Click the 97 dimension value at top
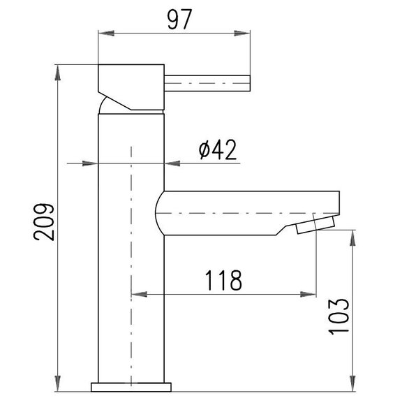click(179, 20)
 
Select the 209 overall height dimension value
click(44, 222)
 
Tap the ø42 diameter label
click(218, 150)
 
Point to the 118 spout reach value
click(223, 280)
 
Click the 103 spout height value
click(339, 316)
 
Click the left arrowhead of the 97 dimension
click(106, 34)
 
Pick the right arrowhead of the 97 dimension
click(242, 34)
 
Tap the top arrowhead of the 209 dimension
click(57, 73)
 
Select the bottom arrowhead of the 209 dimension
click(57, 383)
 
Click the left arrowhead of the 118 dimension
click(139, 295)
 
